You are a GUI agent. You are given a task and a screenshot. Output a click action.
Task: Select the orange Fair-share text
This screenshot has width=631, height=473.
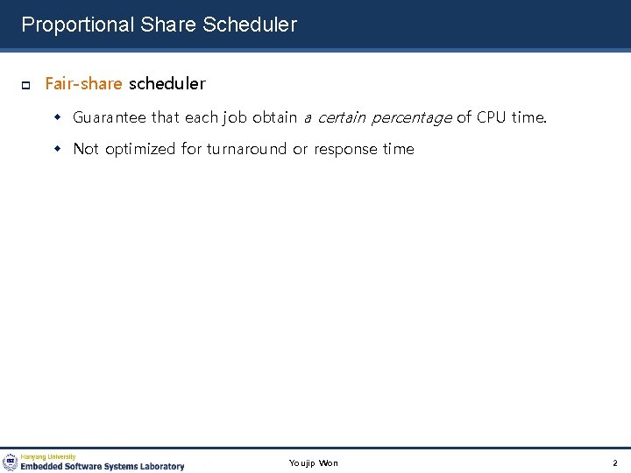point(83,84)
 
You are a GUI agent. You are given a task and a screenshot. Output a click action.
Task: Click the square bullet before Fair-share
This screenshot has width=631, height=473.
point(25,85)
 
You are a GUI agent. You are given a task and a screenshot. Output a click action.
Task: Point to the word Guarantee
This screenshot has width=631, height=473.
point(110,117)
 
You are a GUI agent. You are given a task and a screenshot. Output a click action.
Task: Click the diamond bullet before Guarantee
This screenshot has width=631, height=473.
point(60,117)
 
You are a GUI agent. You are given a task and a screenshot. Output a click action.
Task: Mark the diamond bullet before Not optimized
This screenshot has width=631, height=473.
point(60,149)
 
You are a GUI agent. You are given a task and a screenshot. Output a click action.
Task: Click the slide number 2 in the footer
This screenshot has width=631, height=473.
point(615,462)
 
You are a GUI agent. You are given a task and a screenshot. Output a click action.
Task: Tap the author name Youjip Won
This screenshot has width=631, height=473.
point(313,462)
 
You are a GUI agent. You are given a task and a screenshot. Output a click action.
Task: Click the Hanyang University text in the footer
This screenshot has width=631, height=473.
point(48,456)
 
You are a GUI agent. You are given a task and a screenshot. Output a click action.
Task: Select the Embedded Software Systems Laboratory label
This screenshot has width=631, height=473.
point(103,466)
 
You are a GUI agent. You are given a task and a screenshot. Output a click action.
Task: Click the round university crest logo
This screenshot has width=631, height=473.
point(11,462)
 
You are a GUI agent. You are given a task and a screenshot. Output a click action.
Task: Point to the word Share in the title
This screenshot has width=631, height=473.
point(170,25)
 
